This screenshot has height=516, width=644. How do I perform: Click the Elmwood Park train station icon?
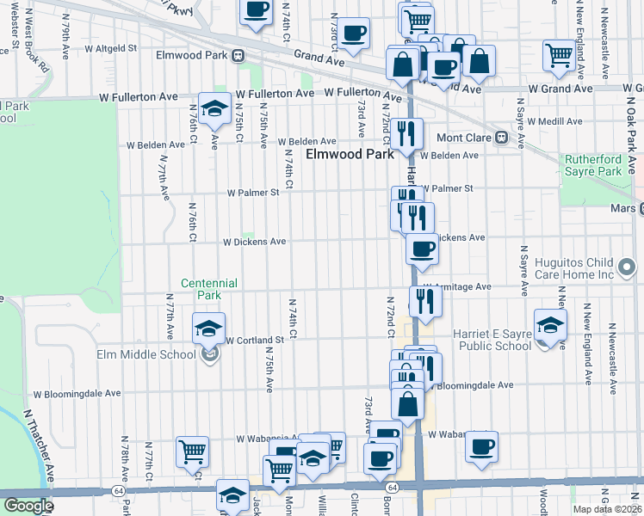238,55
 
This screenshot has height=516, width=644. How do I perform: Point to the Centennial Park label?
208,289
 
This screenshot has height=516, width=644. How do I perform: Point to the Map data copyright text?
606,509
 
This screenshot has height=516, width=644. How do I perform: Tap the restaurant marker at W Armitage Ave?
425,300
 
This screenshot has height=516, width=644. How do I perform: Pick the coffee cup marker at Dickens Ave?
421,249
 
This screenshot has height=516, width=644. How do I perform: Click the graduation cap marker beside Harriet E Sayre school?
550,325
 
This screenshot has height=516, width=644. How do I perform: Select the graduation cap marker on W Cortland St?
207,330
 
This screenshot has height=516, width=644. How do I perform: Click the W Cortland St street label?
255,341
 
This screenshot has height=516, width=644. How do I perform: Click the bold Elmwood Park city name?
350,155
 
